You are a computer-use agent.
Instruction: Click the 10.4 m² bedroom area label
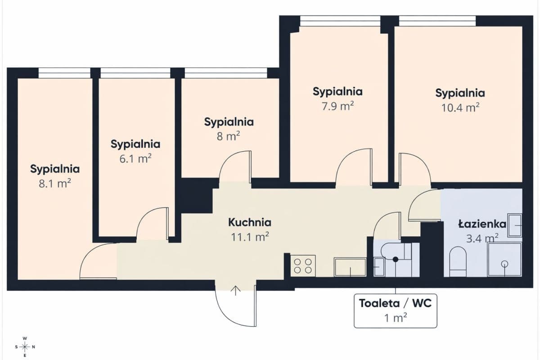pos(460,108)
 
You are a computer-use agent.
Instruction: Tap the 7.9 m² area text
pos(338,106)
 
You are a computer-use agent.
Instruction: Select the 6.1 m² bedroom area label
pos(135,159)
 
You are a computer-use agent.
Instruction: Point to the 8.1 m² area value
pos(55,184)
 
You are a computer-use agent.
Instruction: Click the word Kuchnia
pos(250,222)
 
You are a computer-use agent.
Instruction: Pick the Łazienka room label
pos(482,224)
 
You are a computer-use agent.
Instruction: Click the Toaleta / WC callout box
pos(396,311)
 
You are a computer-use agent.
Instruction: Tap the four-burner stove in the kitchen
pos(303,265)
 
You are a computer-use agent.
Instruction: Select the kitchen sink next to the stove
pos(350,267)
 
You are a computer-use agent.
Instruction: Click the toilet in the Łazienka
pos(458,261)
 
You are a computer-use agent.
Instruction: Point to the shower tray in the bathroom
pos(504,259)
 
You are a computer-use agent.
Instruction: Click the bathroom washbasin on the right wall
pos(515,225)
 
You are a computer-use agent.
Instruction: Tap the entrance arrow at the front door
pos(235,291)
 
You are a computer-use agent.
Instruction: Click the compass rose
pos(25,347)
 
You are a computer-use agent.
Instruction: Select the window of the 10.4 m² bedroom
pos(437,21)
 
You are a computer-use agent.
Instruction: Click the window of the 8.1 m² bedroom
pos(64,73)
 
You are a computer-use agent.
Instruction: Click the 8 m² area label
pos(228,136)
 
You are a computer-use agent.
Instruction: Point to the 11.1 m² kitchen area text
pos(250,237)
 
